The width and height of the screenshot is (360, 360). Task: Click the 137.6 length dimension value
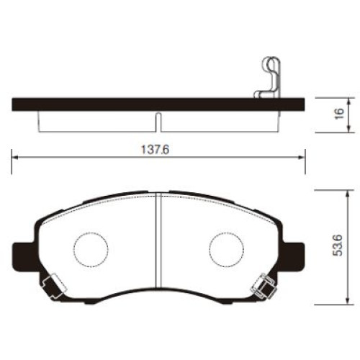click(156, 150)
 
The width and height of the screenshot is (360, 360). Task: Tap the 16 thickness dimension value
click(339, 114)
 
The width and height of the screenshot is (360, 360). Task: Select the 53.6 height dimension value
click(338, 246)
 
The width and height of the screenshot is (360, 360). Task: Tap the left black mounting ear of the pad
click(25, 257)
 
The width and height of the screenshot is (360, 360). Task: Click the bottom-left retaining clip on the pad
click(53, 286)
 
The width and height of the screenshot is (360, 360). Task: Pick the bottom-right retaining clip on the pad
click(263, 286)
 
